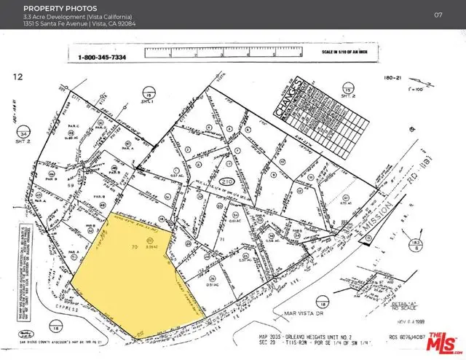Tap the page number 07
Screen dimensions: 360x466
(x=438, y=15)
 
